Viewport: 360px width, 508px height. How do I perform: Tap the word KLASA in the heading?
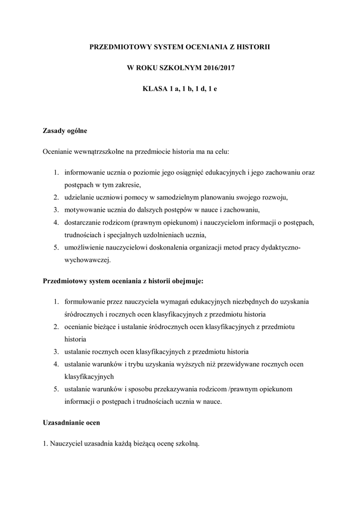click(155, 89)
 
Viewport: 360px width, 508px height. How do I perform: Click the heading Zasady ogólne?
click(65, 131)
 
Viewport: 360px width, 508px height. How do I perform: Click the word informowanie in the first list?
click(83, 173)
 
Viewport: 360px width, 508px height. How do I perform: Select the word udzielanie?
click(79, 197)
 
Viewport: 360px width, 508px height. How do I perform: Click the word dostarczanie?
click(82, 222)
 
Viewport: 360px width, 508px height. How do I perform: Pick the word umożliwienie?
click(84, 247)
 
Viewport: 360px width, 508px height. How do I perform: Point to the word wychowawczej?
click(87, 259)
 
